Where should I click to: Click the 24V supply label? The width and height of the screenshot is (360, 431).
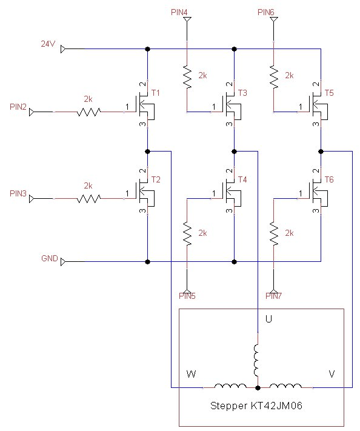click(48, 44)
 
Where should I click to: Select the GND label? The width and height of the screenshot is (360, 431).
click(49, 258)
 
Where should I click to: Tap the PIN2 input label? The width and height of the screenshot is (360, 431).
click(18, 107)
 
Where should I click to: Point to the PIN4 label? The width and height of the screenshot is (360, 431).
click(179, 12)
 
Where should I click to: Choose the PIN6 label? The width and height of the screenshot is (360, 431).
click(265, 12)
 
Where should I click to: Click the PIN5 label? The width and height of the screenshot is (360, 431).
click(187, 296)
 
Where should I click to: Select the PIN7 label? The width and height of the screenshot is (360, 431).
click(274, 296)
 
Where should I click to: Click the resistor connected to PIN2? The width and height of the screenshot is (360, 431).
click(88, 112)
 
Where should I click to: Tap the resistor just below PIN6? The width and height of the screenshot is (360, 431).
click(274, 76)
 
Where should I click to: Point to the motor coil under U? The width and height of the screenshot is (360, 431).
click(257, 360)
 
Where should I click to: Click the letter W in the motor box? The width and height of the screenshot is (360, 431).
click(190, 375)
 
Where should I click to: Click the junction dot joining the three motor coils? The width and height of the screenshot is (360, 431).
click(258, 387)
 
